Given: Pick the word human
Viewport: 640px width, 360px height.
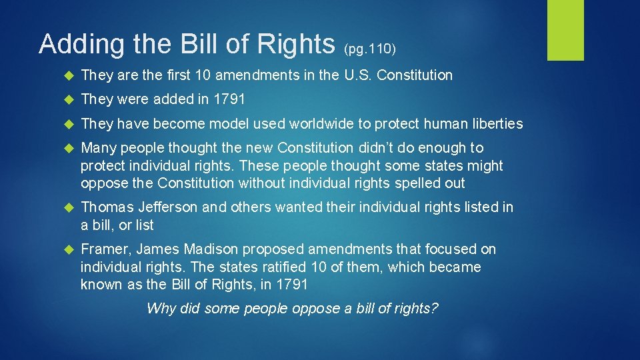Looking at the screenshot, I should tap(443, 124).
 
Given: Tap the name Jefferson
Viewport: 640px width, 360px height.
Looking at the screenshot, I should tap(167, 207).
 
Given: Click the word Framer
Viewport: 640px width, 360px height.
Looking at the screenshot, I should tap(105, 249).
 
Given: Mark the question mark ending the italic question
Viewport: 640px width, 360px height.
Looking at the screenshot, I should tap(435, 309).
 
